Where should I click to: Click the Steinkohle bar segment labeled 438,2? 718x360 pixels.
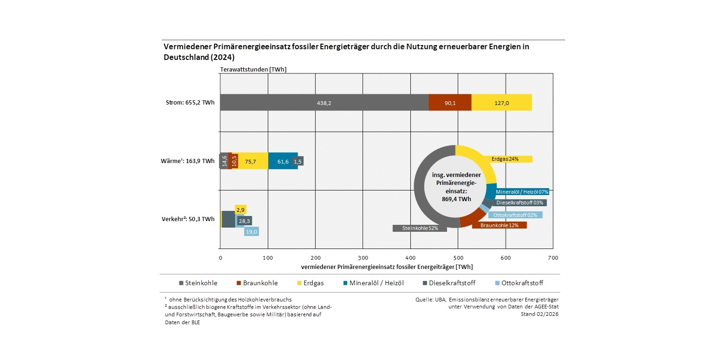pyautogui.click(x=323, y=103)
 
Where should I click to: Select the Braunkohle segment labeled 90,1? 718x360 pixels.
pyautogui.click(x=450, y=103)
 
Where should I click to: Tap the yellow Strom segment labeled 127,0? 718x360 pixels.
pyautogui.click(x=501, y=103)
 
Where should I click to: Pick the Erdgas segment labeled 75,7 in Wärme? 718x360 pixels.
pyautogui.click(x=253, y=161)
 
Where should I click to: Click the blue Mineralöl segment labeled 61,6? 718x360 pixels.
pyautogui.click(x=283, y=161)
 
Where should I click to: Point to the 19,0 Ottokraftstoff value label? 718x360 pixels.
pyautogui.click(x=251, y=232)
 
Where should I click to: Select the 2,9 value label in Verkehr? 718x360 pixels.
pyautogui.click(x=241, y=210)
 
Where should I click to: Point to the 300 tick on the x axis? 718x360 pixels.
pyautogui.click(x=363, y=257)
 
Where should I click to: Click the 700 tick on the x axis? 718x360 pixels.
pyautogui.click(x=553, y=257)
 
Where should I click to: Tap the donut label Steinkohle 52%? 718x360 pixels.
pyautogui.click(x=420, y=228)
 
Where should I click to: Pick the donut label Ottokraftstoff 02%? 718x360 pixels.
pyautogui.click(x=515, y=215)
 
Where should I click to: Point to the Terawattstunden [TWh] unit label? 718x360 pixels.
pyautogui.click(x=253, y=69)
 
